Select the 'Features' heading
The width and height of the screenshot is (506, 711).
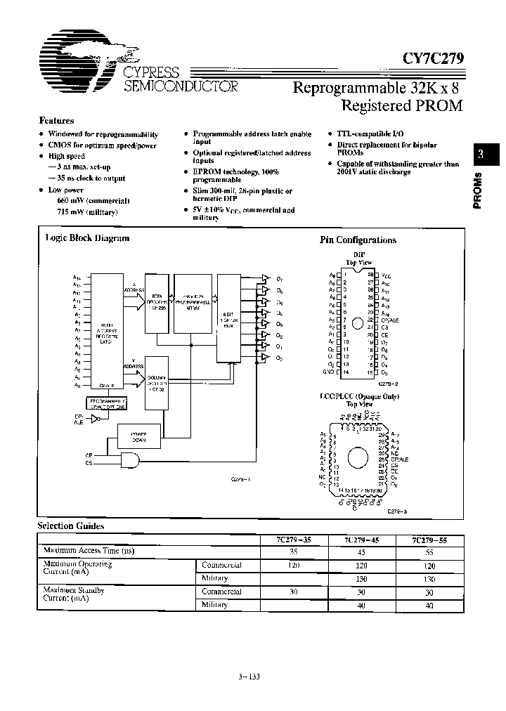[x=56, y=121]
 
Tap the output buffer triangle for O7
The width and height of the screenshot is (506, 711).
[x=264, y=278]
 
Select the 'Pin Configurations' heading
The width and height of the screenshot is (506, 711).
[x=358, y=240]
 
